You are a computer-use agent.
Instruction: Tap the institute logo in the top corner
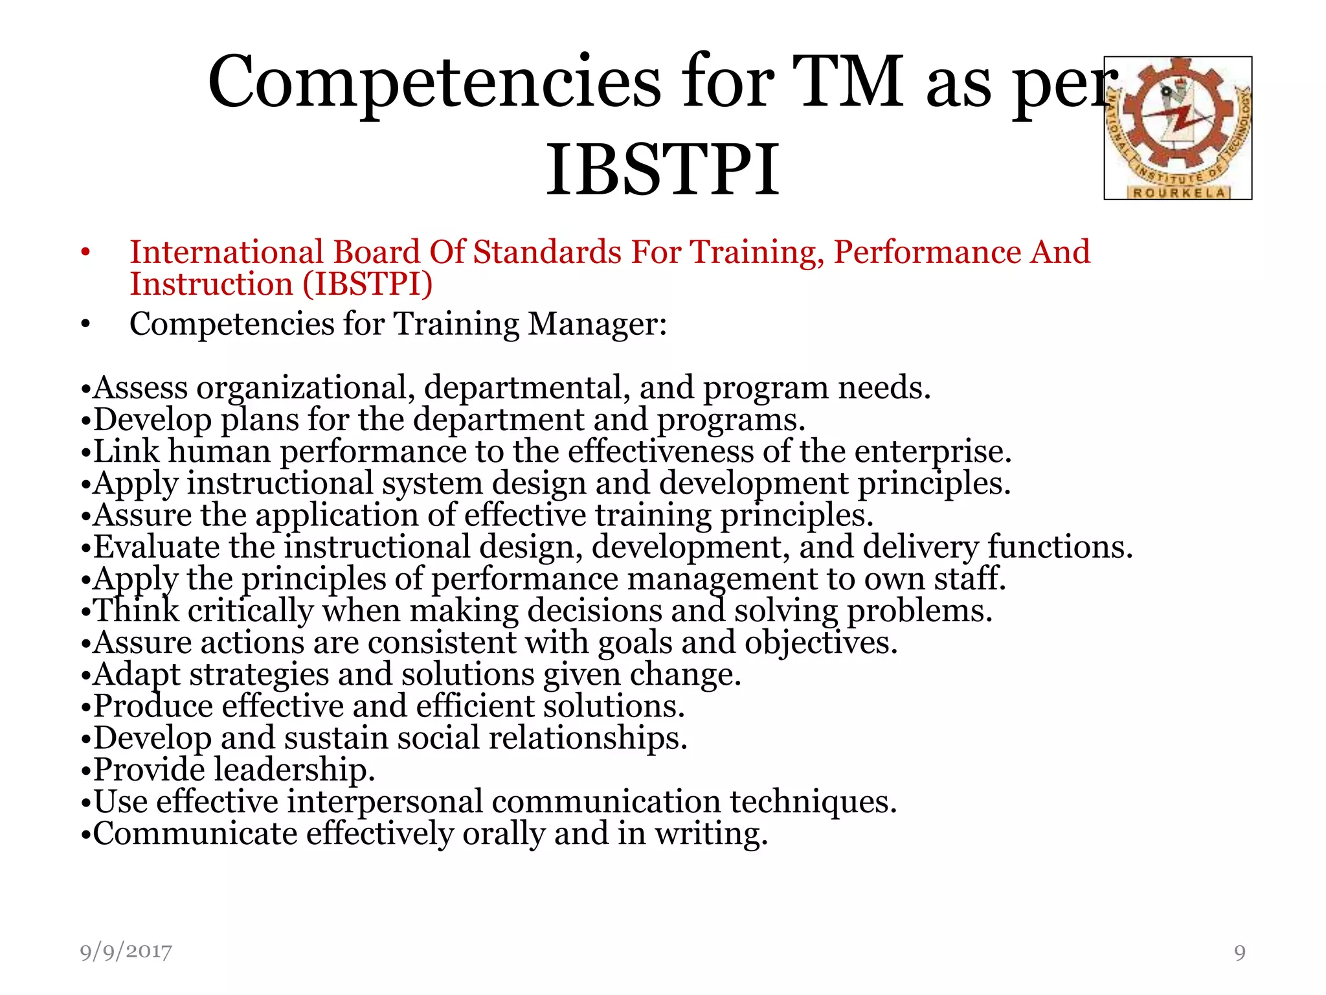[1178, 128]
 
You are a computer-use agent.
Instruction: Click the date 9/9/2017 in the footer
[126, 952]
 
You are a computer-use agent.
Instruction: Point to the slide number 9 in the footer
[1239, 952]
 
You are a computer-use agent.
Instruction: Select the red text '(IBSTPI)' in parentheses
[367, 284]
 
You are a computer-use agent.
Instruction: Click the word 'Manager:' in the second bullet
[597, 323]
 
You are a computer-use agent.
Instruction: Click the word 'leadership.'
[295, 770]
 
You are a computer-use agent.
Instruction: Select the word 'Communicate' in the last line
[196, 833]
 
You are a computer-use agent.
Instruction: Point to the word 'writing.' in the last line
[711, 834]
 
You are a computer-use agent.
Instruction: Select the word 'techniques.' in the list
[813, 801]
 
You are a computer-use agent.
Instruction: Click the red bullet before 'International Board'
[85, 253]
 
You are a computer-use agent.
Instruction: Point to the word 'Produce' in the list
[153, 706]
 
